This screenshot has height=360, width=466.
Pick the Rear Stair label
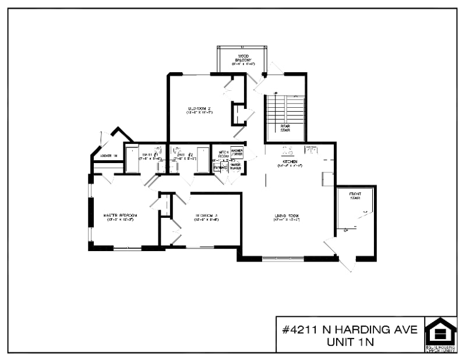pos(285,128)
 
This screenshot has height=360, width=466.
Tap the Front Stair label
pos(355,195)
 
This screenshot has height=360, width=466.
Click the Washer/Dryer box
pos(236,153)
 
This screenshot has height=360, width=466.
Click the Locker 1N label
pos(109,156)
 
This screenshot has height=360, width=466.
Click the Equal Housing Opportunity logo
pos(440,334)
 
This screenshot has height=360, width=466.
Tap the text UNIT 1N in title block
pos(349,343)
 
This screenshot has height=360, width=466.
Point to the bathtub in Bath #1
pos(132,158)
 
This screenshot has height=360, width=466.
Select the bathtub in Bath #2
pos(203,158)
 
